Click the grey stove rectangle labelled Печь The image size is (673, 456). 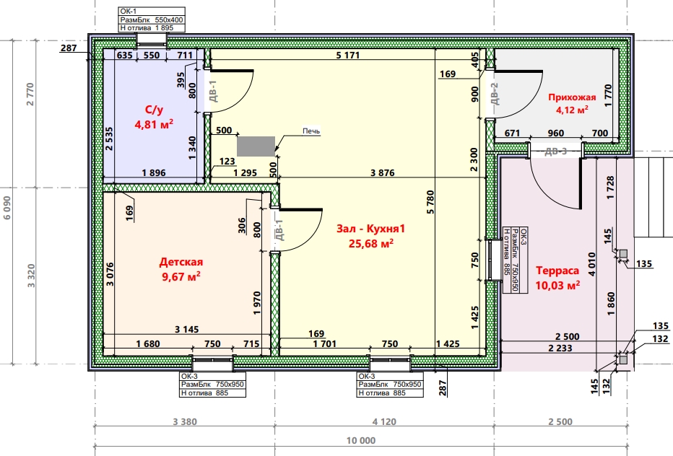pyautogui.click(x=256, y=146)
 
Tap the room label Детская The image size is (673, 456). pyautogui.click(x=181, y=262)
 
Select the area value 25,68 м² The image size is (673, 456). pyautogui.click(x=371, y=243)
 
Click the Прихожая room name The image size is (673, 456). pyautogui.click(x=572, y=97)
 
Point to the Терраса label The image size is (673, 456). pyautogui.click(x=557, y=271)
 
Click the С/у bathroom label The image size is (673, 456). pyautogui.click(x=154, y=110)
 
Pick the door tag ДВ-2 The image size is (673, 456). pyautogui.click(x=494, y=94)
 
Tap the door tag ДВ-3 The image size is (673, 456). pyautogui.click(x=556, y=151)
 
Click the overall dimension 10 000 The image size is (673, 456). pyautogui.click(x=361, y=441)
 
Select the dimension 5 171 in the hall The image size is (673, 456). pyautogui.click(x=347, y=55)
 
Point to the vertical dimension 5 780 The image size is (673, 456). pyautogui.click(x=430, y=202)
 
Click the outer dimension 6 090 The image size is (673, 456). pyautogui.click(x=7, y=208)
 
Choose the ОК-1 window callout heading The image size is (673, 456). pyautogui.click(x=129, y=12)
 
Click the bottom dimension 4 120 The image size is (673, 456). pyautogui.click(x=384, y=421)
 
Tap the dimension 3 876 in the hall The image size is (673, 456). pyautogui.click(x=383, y=173)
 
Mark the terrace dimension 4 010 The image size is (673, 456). pyautogui.click(x=592, y=264)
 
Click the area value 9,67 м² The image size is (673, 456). pyautogui.click(x=181, y=276)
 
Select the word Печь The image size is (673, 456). pyautogui.click(x=311, y=131)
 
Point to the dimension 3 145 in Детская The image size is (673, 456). pyautogui.click(x=187, y=330)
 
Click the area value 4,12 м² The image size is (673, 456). pyautogui.click(x=572, y=110)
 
